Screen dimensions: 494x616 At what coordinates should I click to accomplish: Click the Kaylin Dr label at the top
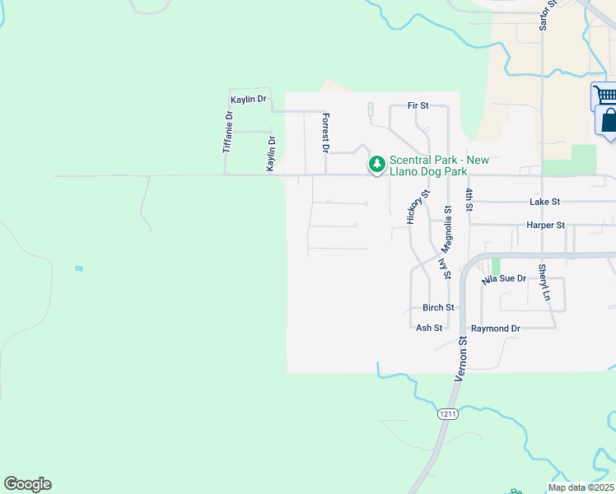(249, 100)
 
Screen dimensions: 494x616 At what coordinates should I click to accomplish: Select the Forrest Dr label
(326, 133)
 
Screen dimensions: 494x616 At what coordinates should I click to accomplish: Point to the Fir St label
(418, 106)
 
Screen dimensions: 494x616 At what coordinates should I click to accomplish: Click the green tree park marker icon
(376, 165)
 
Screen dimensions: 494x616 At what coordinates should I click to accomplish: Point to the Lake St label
(545, 202)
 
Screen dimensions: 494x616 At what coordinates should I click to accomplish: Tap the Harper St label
(545, 225)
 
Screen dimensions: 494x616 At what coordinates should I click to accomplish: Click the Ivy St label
(446, 269)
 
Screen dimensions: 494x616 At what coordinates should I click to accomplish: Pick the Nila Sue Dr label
(504, 280)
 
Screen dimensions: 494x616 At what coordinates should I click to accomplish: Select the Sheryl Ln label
(544, 282)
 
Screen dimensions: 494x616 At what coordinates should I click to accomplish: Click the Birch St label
(438, 308)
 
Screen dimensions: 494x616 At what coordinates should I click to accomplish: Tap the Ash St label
(429, 328)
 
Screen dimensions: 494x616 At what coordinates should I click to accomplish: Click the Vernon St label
(463, 357)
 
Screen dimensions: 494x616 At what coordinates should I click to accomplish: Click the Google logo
(27, 484)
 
